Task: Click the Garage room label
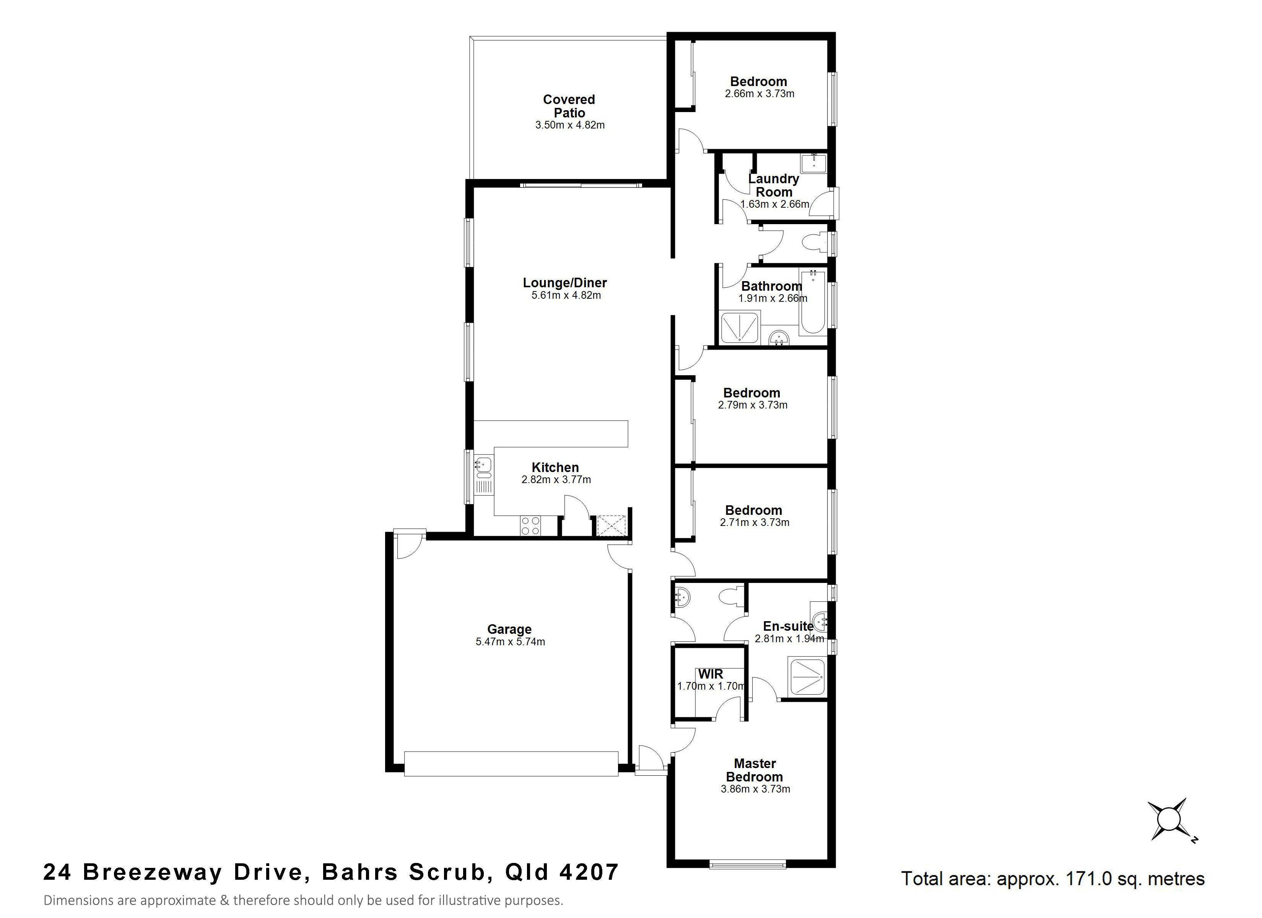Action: (509, 629)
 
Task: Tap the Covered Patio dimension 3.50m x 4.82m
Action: (570, 125)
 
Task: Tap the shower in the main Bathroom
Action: (740, 327)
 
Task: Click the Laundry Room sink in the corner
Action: (813, 163)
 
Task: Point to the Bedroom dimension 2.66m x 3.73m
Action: (759, 94)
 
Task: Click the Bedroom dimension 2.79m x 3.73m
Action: (752, 405)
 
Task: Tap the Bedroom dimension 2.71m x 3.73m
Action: (754, 523)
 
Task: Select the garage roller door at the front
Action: (511, 764)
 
